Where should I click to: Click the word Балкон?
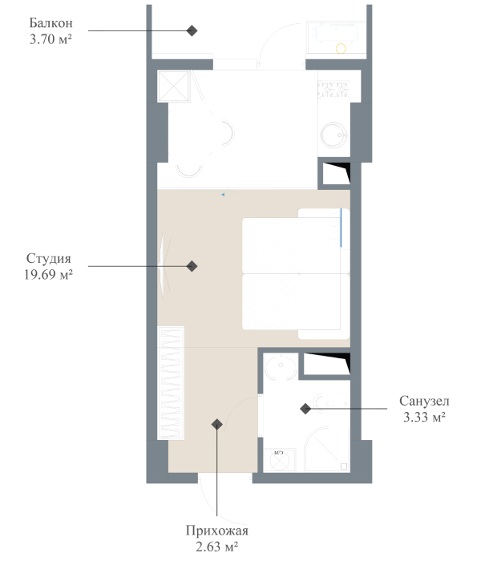tap(44, 22)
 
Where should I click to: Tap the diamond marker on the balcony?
tap(192, 30)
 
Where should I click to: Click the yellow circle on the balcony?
tap(341, 48)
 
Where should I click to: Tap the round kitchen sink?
tap(333, 137)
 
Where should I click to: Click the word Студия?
tap(49, 258)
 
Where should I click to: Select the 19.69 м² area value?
tap(49, 273)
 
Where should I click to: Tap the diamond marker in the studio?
tap(192, 266)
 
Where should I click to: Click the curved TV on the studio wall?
tap(166, 265)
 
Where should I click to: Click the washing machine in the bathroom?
tap(280, 460)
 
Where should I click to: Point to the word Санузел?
tap(423, 401)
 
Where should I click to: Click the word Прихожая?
tap(217, 531)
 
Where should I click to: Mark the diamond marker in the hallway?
tap(216, 425)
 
